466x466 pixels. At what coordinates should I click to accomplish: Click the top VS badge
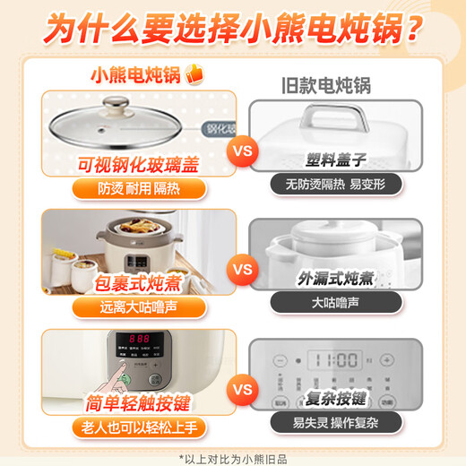coord(242,151)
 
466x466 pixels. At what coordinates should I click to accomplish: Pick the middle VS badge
coord(242,268)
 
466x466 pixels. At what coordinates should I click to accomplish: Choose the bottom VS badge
coord(242,390)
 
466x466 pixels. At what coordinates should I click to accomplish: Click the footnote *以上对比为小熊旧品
coord(233,455)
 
